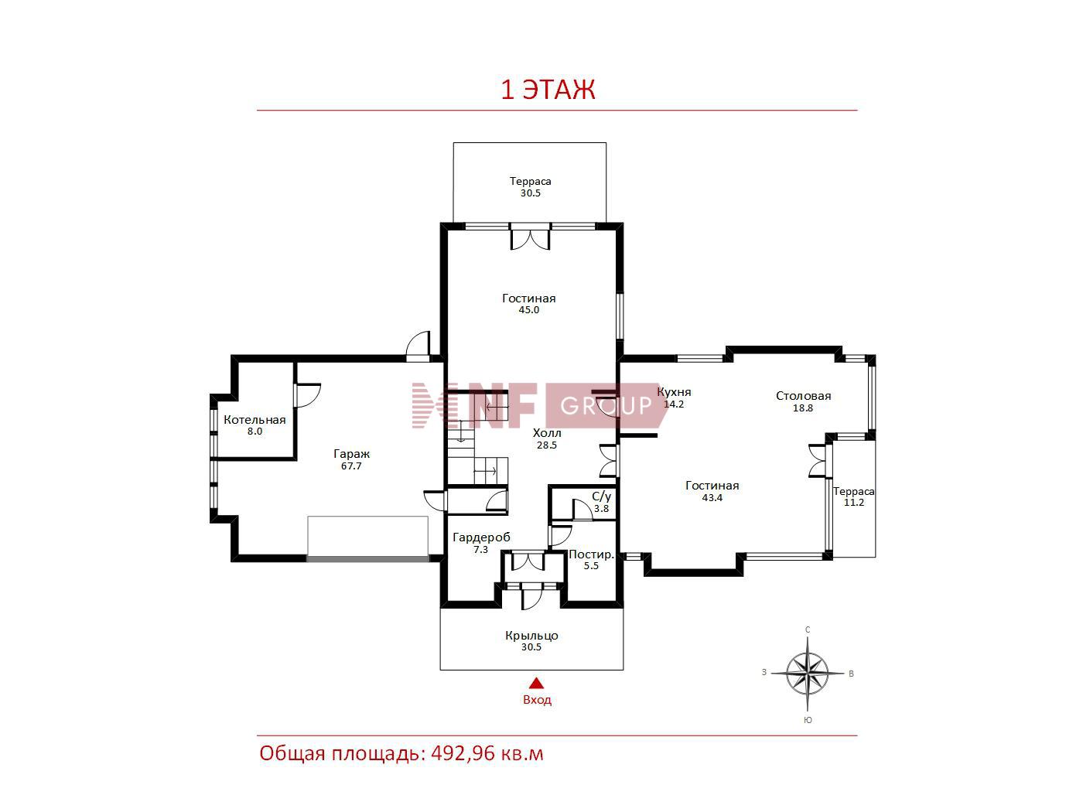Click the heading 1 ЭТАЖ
click(548, 90)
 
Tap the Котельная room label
click(255, 420)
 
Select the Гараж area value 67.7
click(351, 466)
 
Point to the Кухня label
click(674, 392)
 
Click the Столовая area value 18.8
click(803, 408)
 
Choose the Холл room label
click(547, 433)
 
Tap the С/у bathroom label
click(601, 496)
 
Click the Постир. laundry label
click(591, 554)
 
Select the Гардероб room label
click(481, 537)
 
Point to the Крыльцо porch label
click(531, 636)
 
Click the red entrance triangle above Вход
click(536, 684)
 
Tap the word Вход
click(537, 700)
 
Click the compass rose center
click(807, 673)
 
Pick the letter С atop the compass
click(808, 629)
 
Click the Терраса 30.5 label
click(531, 187)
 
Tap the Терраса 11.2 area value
click(853, 503)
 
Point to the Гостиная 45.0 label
click(529, 304)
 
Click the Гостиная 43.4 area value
click(712, 497)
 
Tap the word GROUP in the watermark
click(606, 406)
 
